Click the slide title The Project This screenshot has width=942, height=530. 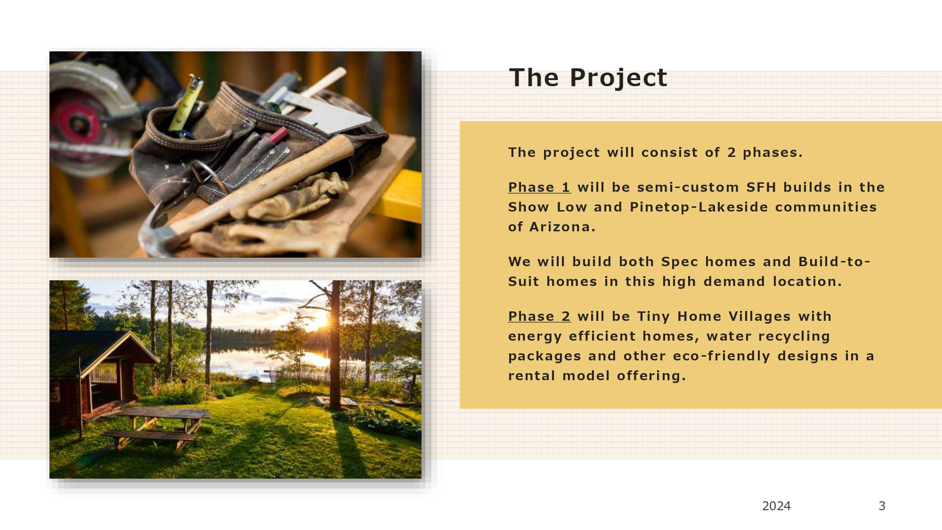[588, 78]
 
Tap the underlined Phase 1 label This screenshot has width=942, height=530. [539, 188]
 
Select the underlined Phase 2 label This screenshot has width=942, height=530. [539, 317]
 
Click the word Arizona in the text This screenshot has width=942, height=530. [560, 227]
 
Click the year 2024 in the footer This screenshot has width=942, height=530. [776, 506]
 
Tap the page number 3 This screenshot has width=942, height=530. [882, 506]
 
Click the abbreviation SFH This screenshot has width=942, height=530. [761, 188]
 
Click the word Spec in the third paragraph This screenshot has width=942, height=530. [680, 262]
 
